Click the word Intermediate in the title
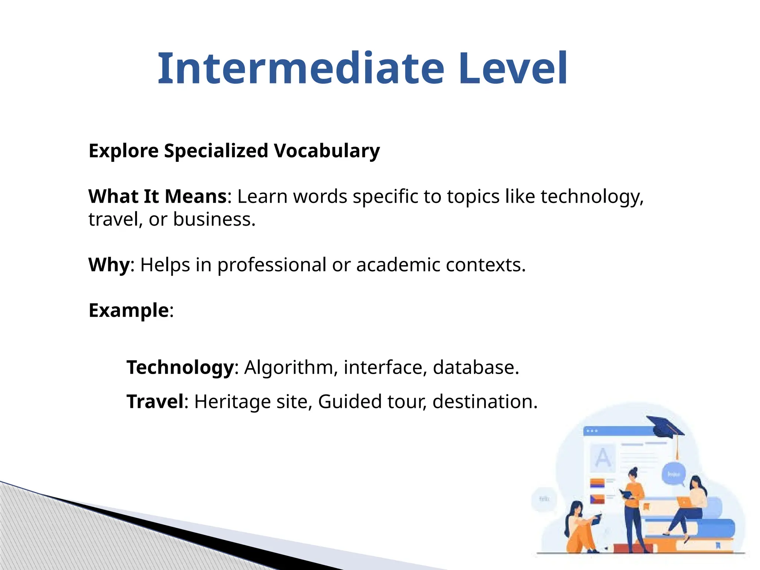(301, 69)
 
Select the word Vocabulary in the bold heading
(327, 151)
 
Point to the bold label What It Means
(157, 196)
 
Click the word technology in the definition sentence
(592, 197)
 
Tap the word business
(214, 219)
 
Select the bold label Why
(109, 265)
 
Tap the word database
(475, 367)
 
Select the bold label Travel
(155, 402)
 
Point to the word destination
(485, 402)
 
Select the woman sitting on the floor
(581, 527)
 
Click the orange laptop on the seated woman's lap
(685, 502)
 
